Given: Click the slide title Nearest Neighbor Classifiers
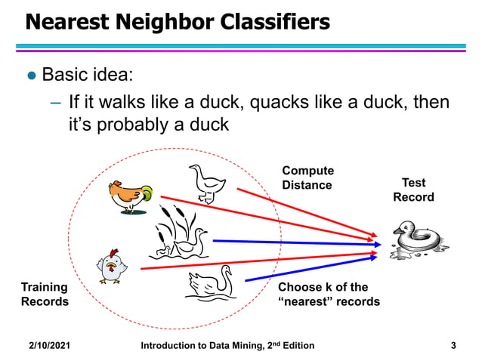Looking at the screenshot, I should (178, 22).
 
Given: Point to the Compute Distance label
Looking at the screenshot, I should (307, 178).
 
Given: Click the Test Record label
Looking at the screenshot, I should (413, 190).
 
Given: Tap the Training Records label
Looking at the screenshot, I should (44, 295).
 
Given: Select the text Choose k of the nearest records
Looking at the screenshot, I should (329, 295).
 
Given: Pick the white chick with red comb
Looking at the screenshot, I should (111, 267).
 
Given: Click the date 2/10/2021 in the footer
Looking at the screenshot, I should (50, 346).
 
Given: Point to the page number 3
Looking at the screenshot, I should (453, 346).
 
